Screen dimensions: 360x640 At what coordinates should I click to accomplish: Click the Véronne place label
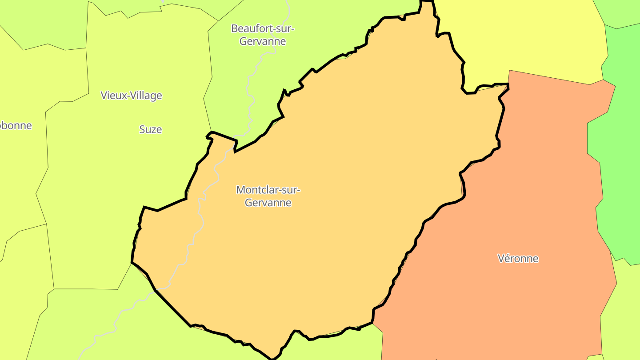pyautogui.click(x=518, y=258)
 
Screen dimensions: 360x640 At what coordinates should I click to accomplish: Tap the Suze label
pyautogui.click(x=151, y=129)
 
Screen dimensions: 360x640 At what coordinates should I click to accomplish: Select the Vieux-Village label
pyautogui.click(x=131, y=95)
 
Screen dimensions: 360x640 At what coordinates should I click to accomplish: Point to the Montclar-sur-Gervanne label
pyautogui.click(x=268, y=196)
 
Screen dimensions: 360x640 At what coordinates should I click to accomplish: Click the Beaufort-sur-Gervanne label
pyautogui.click(x=263, y=35)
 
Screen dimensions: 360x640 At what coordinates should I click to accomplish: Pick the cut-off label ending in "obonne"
pyautogui.click(x=16, y=125)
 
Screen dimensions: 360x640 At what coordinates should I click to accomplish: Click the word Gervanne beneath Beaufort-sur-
pyautogui.click(x=263, y=41)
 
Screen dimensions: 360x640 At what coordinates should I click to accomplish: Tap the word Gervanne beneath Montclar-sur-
pyautogui.click(x=268, y=203)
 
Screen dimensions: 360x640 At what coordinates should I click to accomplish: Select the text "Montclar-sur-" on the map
pyautogui.click(x=268, y=190)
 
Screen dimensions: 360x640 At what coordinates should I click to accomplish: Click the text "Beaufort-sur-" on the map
pyautogui.click(x=263, y=28)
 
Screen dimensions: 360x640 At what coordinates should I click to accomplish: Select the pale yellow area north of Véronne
pyautogui.click(x=524, y=40)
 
